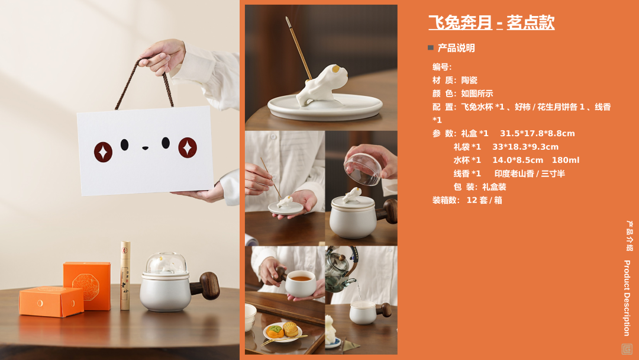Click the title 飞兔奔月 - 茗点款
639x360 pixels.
click(491, 22)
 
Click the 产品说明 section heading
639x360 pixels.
click(456, 48)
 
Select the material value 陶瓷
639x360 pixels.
click(469, 81)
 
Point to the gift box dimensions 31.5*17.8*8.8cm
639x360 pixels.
click(537, 133)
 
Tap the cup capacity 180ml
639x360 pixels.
click(566, 160)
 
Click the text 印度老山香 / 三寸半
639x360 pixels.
click(530, 173)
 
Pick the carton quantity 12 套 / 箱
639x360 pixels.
click(484, 200)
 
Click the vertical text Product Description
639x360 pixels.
click(627, 298)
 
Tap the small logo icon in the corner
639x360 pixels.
click(627, 349)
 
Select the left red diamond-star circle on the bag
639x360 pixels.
click(103, 152)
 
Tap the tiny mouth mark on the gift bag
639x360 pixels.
click(145, 148)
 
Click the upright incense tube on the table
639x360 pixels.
click(125, 275)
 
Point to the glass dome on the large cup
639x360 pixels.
click(166, 263)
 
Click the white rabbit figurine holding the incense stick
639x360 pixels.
click(322, 86)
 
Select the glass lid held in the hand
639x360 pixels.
click(363, 168)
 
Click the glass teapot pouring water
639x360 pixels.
click(340, 269)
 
